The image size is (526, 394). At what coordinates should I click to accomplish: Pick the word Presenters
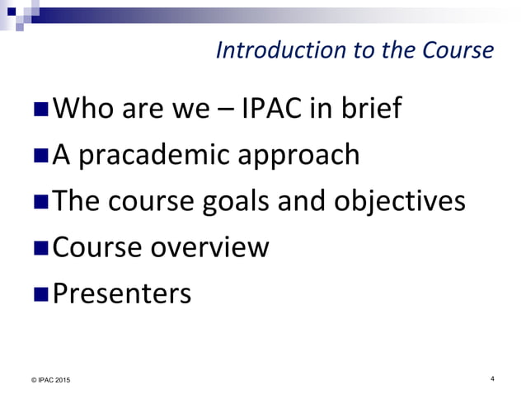pos(122,293)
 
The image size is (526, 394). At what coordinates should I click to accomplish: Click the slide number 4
pos(491,378)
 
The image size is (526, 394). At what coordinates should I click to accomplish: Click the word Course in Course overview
pos(96,247)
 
